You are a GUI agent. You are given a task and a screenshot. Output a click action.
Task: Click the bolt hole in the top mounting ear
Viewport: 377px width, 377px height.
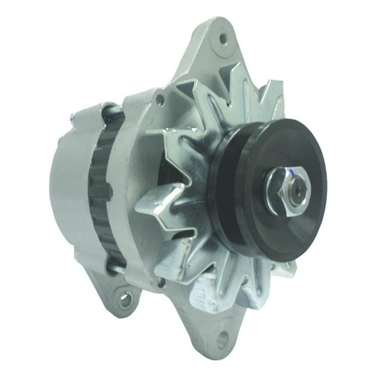point(224,39)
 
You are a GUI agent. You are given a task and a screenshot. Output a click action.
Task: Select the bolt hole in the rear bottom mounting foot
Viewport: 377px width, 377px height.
point(124,300)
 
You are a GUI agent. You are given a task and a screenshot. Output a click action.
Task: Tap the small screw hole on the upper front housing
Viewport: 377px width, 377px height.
point(160,99)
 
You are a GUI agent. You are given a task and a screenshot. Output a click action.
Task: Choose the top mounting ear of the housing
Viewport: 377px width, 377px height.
point(216,52)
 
